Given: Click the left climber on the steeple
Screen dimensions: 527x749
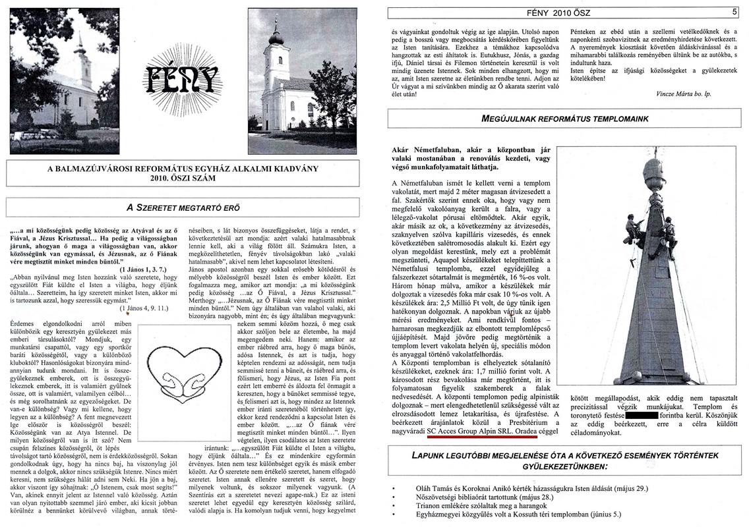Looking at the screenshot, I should (632, 228).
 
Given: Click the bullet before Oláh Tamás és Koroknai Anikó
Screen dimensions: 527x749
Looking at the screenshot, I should (394, 489).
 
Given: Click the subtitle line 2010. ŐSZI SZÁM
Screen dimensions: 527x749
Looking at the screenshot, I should (182, 178).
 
